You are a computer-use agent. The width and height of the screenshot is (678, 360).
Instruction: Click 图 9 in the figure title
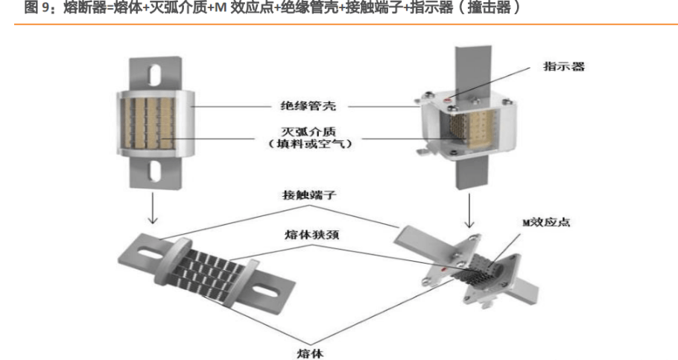(37, 8)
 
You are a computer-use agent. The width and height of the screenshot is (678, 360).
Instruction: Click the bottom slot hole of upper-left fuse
(155, 172)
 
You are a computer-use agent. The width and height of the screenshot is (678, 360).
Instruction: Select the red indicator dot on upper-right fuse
(447, 98)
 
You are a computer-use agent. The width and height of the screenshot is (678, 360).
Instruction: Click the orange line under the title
(339, 24)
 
